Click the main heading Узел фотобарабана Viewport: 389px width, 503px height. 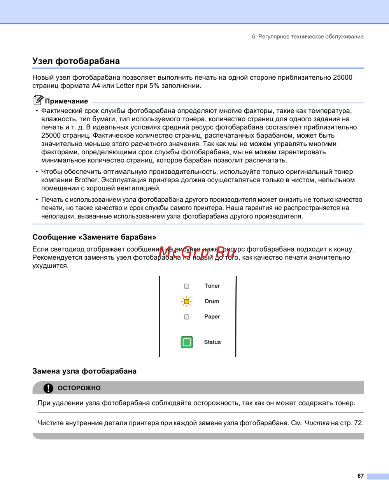tap(76, 61)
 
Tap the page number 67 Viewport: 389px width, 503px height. tap(361, 476)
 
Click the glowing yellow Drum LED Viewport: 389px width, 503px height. tap(187, 301)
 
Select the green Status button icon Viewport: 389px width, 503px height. tap(187, 342)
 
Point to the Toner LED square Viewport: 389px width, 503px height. tap(187, 286)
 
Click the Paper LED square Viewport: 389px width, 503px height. tap(187, 317)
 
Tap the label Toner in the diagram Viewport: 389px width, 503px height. tap(212, 286)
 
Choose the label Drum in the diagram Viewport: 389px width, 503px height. tap(212, 301)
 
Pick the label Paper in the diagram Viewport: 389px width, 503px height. tap(212, 317)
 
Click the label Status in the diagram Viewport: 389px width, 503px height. tap(212, 342)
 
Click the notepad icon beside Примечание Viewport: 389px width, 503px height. tap(38, 100)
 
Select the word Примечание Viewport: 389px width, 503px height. tap(67, 101)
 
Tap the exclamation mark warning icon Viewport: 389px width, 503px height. tap(48, 388)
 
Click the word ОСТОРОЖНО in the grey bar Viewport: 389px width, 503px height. tap(79, 388)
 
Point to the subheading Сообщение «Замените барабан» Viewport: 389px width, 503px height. tap(94, 237)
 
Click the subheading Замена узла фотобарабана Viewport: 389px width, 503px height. tap(84, 371)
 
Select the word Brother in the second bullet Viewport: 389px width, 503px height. tap(86, 180)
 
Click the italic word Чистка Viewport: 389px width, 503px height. tap(317, 423)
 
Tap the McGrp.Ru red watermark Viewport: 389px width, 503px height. tap(197, 252)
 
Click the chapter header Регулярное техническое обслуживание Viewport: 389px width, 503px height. tap(311, 37)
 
